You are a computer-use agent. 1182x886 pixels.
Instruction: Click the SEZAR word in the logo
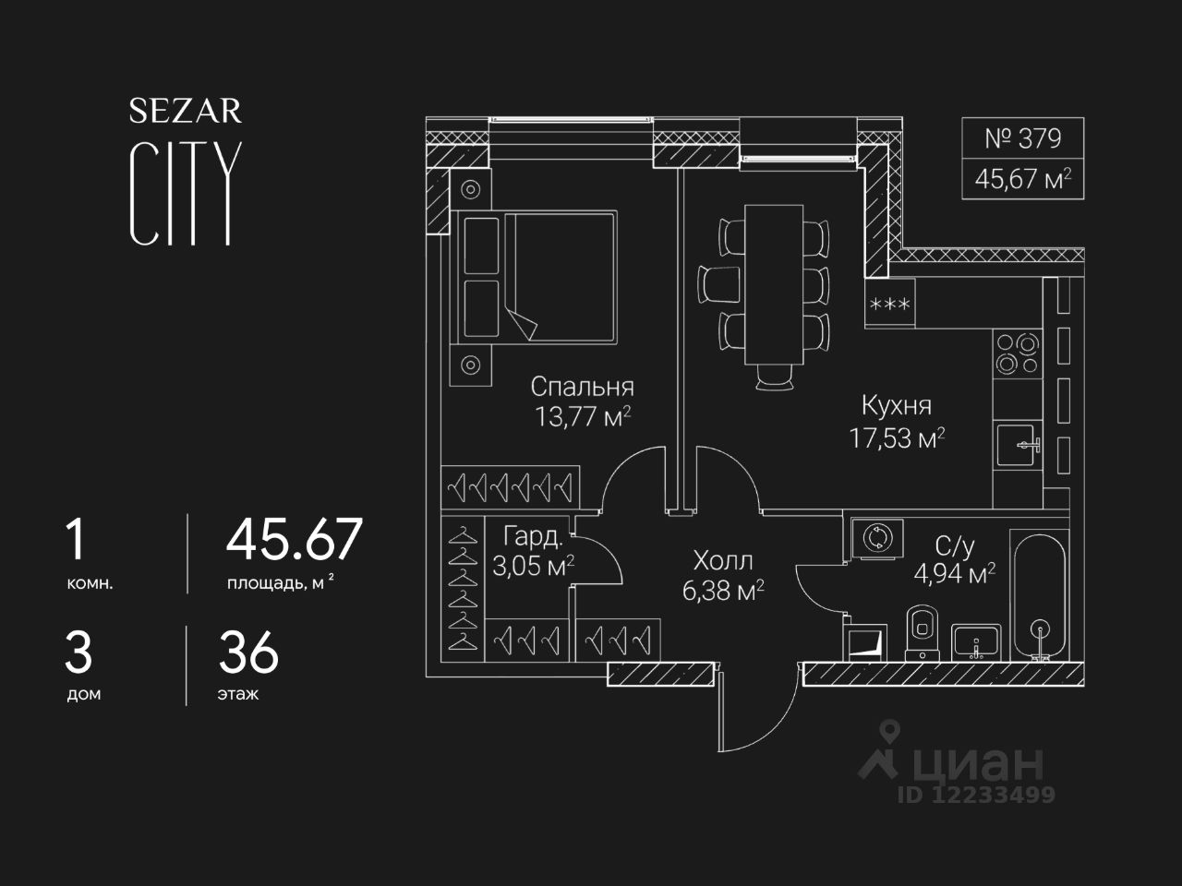(x=185, y=112)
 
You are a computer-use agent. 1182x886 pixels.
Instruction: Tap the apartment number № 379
(x=1022, y=139)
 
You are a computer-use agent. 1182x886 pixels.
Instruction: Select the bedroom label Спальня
(x=582, y=387)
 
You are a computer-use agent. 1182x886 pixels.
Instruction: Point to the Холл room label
(x=723, y=560)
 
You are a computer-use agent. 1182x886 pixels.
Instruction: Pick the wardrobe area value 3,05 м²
(x=533, y=566)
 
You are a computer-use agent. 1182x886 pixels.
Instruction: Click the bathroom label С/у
(x=955, y=546)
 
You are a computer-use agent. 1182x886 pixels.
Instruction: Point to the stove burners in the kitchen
(x=1017, y=353)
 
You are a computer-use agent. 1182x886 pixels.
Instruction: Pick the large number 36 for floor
(x=248, y=653)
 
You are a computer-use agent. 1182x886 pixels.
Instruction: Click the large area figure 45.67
(x=295, y=540)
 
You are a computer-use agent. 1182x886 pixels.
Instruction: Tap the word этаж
(x=238, y=694)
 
